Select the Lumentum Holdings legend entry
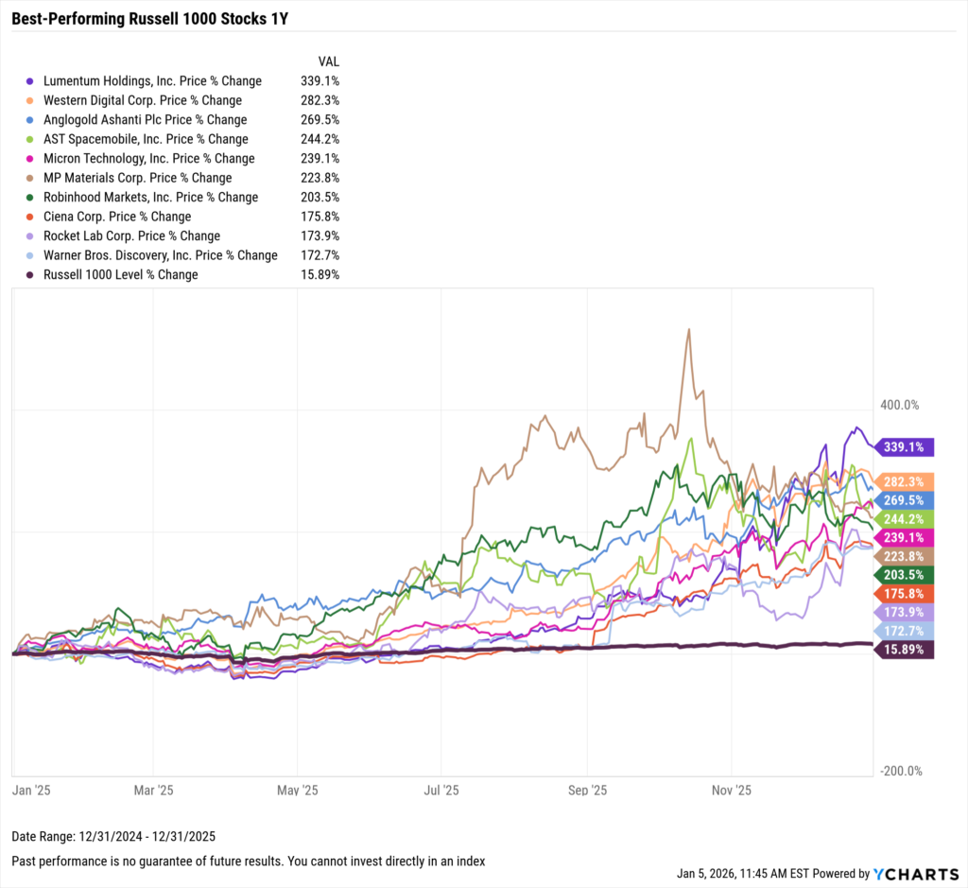(152, 81)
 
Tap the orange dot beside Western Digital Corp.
(30, 100)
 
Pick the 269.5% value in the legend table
(320, 120)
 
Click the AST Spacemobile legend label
(146, 139)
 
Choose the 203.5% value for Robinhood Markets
(320, 198)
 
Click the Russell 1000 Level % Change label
(120, 275)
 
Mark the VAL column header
(328, 61)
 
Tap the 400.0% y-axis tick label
(900, 405)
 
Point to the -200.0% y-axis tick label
(900, 772)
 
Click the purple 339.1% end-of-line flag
(906, 447)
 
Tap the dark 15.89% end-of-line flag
(906, 650)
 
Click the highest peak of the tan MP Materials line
(688, 329)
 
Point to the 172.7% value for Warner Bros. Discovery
(320, 255)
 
